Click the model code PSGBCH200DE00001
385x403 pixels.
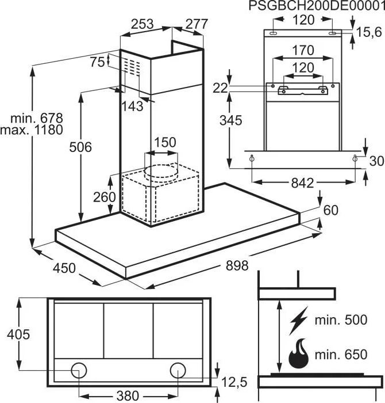317,6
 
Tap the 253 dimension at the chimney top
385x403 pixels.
142,24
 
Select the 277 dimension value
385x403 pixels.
196,24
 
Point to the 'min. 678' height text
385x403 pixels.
37,118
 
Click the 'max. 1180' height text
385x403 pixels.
32,130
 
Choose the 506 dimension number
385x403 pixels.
80,147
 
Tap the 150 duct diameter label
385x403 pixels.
165,142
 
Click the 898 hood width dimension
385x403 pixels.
237,265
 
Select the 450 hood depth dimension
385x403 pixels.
64,268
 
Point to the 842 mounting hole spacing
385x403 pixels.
302,183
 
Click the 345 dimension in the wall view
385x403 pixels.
230,120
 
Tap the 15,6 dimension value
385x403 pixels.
369,32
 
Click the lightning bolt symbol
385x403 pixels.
299,321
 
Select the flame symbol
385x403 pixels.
299,353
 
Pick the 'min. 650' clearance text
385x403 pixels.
341,355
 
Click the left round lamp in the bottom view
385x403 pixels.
79,370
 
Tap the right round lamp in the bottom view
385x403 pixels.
178,370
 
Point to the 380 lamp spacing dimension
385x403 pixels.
128,396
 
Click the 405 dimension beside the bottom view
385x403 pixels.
18,334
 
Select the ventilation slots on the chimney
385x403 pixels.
133,67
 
